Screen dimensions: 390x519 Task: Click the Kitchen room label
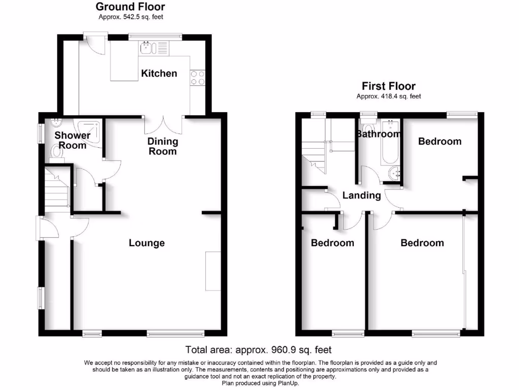[x=159, y=74]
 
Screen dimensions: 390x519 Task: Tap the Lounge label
[x=146, y=243]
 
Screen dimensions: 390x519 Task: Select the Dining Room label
[x=163, y=146]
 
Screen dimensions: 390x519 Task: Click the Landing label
[x=361, y=196]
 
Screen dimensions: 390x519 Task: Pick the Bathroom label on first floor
[x=378, y=134]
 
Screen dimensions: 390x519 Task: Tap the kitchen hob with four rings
[x=197, y=77]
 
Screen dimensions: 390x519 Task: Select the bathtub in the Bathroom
[x=390, y=143]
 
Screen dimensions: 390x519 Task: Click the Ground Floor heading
[x=130, y=7]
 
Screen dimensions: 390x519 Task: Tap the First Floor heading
[x=388, y=86]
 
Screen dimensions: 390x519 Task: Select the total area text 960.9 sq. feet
[x=258, y=349]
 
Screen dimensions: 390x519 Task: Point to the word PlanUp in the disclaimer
[x=288, y=383]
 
